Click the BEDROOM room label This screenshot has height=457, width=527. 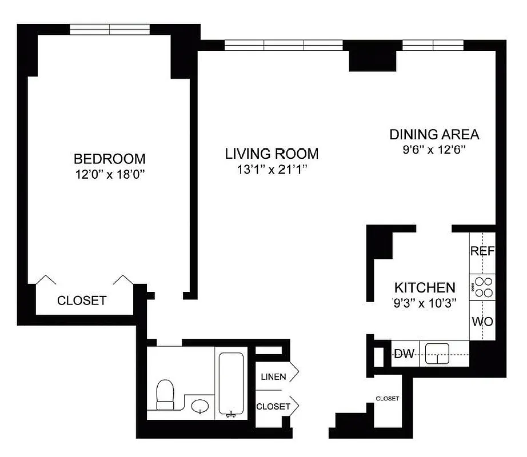(x=109, y=158)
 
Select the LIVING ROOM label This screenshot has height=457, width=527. (x=272, y=154)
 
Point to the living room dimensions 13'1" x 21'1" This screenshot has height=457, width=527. (x=272, y=170)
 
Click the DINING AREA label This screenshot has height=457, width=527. (x=434, y=135)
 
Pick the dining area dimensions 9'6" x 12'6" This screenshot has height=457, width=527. (x=434, y=150)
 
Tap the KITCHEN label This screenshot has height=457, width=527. (x=425, y=288)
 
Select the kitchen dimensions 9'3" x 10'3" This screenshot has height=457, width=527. (x=425, y=303)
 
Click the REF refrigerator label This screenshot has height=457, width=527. (x=482, y=251)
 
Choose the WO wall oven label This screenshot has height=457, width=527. (x=482, y=321)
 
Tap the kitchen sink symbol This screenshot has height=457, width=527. (x=437, y=354)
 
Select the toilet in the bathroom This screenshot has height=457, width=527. (x=166, y=395)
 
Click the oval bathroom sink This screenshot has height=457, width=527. (x=199, y=407)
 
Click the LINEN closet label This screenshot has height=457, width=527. (x=273, y=376)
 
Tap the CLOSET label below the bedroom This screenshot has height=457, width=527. (x=82, y=300)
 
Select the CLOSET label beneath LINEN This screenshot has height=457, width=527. (x=273, y=407)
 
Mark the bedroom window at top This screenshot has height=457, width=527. (x=109, y=29)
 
